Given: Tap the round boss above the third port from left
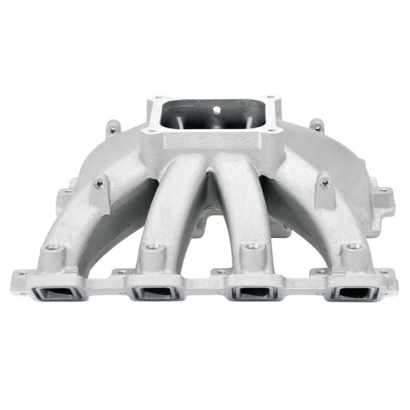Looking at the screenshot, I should point(253,245).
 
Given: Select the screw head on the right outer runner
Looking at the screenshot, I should point(324,182).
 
